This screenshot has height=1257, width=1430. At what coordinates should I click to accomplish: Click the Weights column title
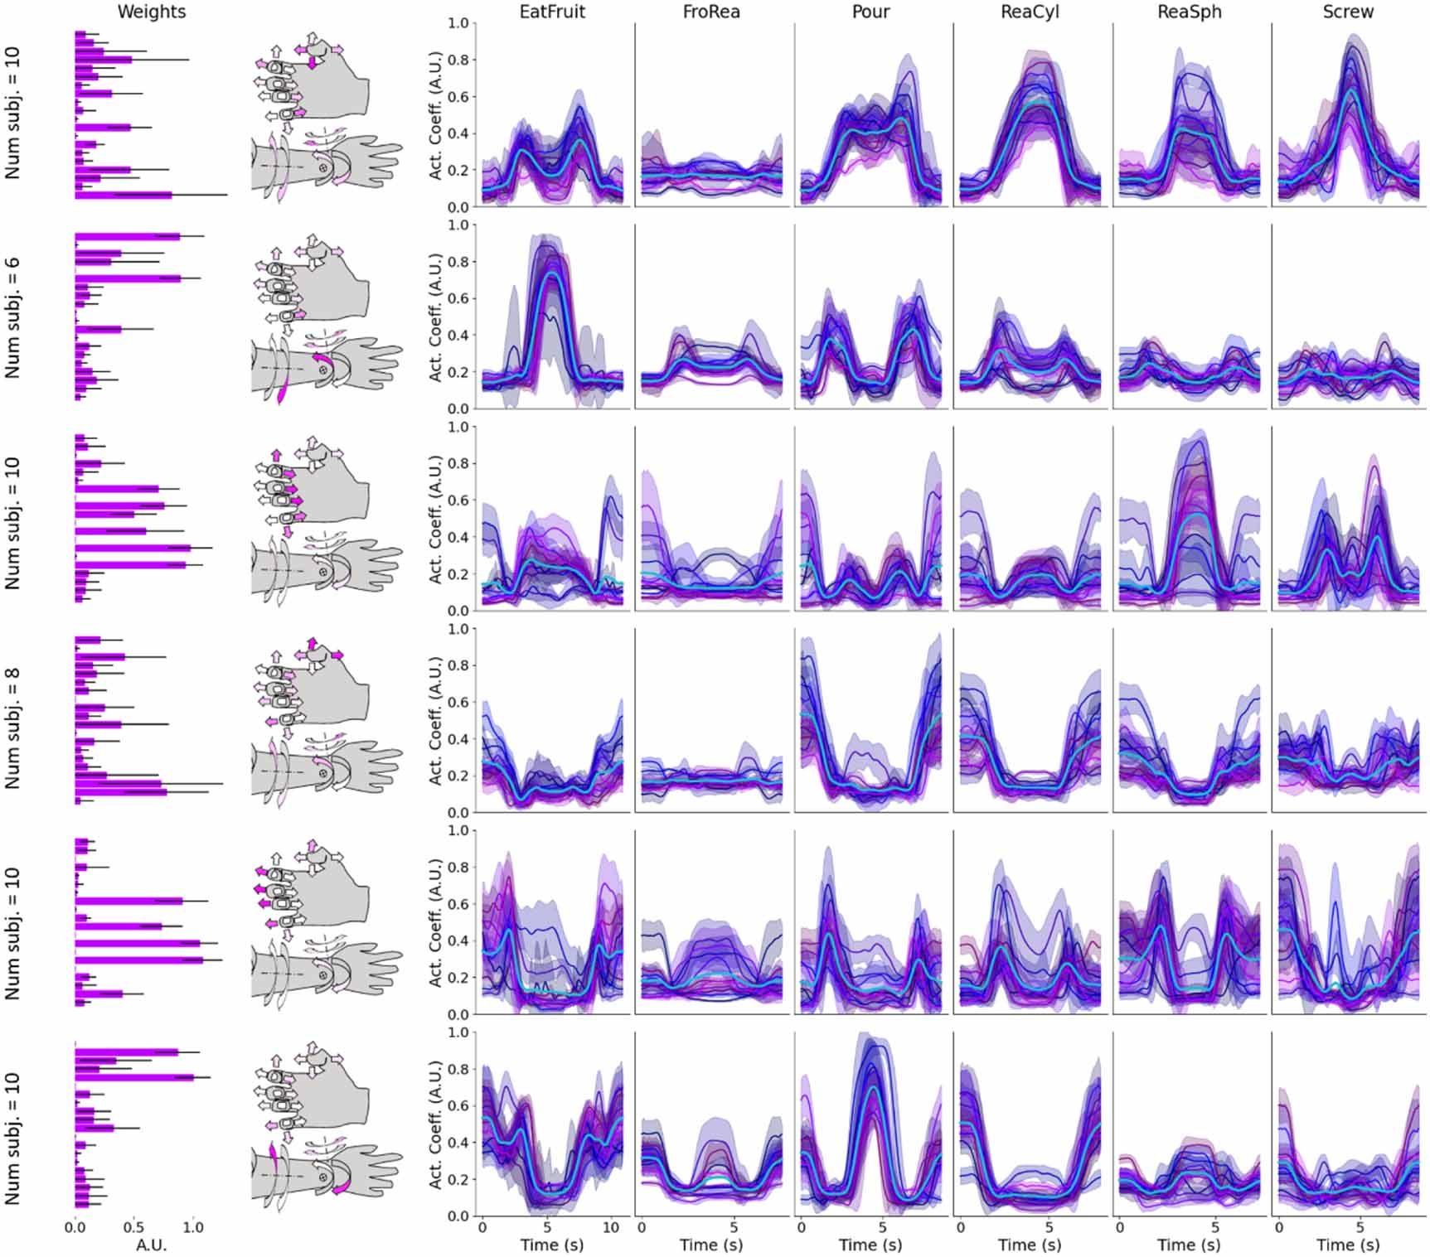pos(152,12)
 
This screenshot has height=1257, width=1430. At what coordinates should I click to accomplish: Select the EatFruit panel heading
pos(552,12)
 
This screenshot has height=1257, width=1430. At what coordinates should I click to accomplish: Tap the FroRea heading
pos(711,12)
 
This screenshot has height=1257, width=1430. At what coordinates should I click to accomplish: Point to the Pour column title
pos(870,12)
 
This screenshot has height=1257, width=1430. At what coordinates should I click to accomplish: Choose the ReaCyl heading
pos(1030,12)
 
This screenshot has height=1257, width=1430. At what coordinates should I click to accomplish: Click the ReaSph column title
pos(1189,12)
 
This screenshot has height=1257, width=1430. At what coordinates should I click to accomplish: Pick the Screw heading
pos(1348,12)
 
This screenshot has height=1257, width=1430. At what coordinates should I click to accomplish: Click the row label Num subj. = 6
pos(12,317)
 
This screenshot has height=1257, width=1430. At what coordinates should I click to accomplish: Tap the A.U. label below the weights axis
pos(152,1245)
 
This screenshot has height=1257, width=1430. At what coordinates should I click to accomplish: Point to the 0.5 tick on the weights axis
pos(133,1228)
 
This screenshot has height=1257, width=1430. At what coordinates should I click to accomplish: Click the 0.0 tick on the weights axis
pos(75,1228)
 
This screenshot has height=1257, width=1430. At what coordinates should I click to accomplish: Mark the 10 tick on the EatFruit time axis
pos(611,1226)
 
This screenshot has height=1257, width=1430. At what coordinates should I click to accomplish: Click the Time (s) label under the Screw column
pos(1348,1245)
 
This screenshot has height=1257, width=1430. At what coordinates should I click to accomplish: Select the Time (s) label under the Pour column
pos(870,1245)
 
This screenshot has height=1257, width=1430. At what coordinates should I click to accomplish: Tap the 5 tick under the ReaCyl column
pos(1049,1226)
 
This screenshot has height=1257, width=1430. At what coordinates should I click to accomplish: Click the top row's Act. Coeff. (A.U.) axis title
pos(435,114)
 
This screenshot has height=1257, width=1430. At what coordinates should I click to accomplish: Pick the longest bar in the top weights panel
pos(124,195)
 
